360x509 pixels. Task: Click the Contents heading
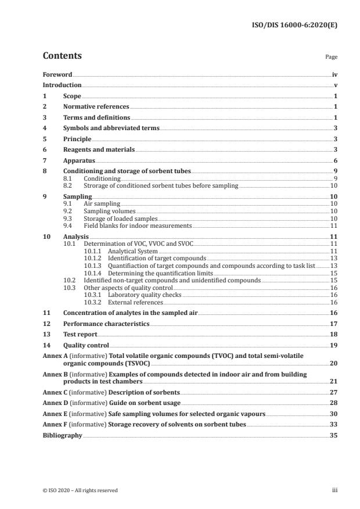pyautogui.click(x=62, y=56)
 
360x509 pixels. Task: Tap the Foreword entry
pyautogui.click(x=57, y=75)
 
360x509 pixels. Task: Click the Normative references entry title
pyautogui.click(x=96, y=107)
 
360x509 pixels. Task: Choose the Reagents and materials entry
pyautogui.click(x=99, y=150)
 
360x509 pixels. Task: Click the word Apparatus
pyautogui.click(x=79, y=160)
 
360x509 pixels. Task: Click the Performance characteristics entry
pyautogui.click(x=106, y=324)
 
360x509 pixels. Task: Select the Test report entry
pyautogui.click(x=80, y=335)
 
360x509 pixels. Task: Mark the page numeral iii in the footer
pyautogui.click(x=334, y=490)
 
